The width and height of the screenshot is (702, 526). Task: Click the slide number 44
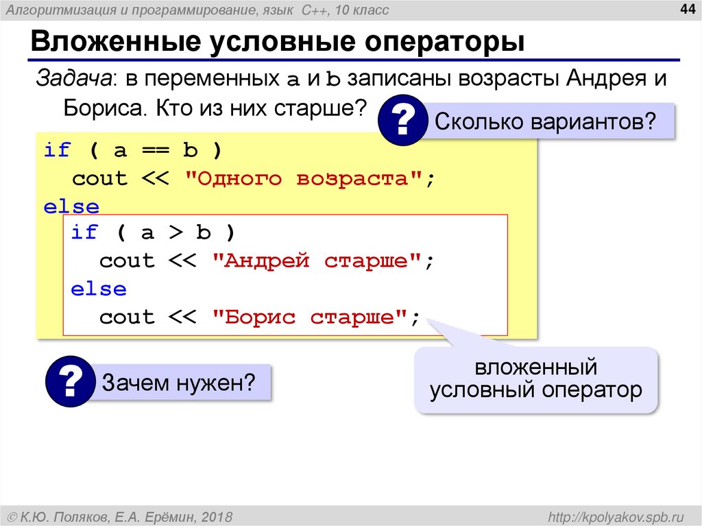(x=686, y=9)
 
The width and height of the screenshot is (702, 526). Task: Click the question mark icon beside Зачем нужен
(x=70, y=383)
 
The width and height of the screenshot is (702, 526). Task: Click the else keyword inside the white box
(x=99, y=289)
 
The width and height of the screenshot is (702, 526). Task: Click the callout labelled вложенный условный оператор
(x=535, y=379)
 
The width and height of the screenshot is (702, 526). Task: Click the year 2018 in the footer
(x=218, y=515)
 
